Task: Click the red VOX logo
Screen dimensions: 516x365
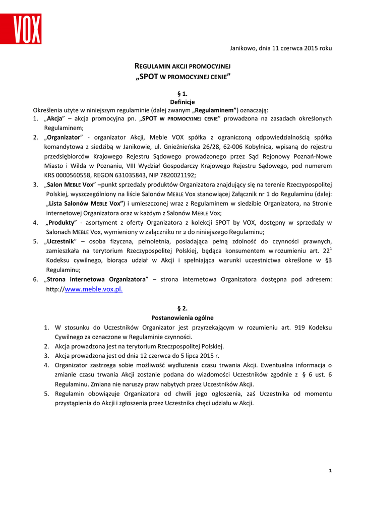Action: [x=27, y=29]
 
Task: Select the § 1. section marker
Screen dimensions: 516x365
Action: [x=182, y=93]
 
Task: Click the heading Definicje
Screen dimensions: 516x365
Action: [x=182, y=102]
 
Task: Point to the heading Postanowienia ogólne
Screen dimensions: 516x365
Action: [x=182, y=318]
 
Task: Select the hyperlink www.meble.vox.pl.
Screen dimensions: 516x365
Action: [x=94, y=289]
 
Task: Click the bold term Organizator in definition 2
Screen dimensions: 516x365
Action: [x=64, y=137]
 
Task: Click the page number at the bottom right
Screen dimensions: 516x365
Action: [x=330, y=471]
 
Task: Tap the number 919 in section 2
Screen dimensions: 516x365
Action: [x=299, y=328]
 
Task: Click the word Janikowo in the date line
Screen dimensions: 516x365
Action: [x=243, y=48]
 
